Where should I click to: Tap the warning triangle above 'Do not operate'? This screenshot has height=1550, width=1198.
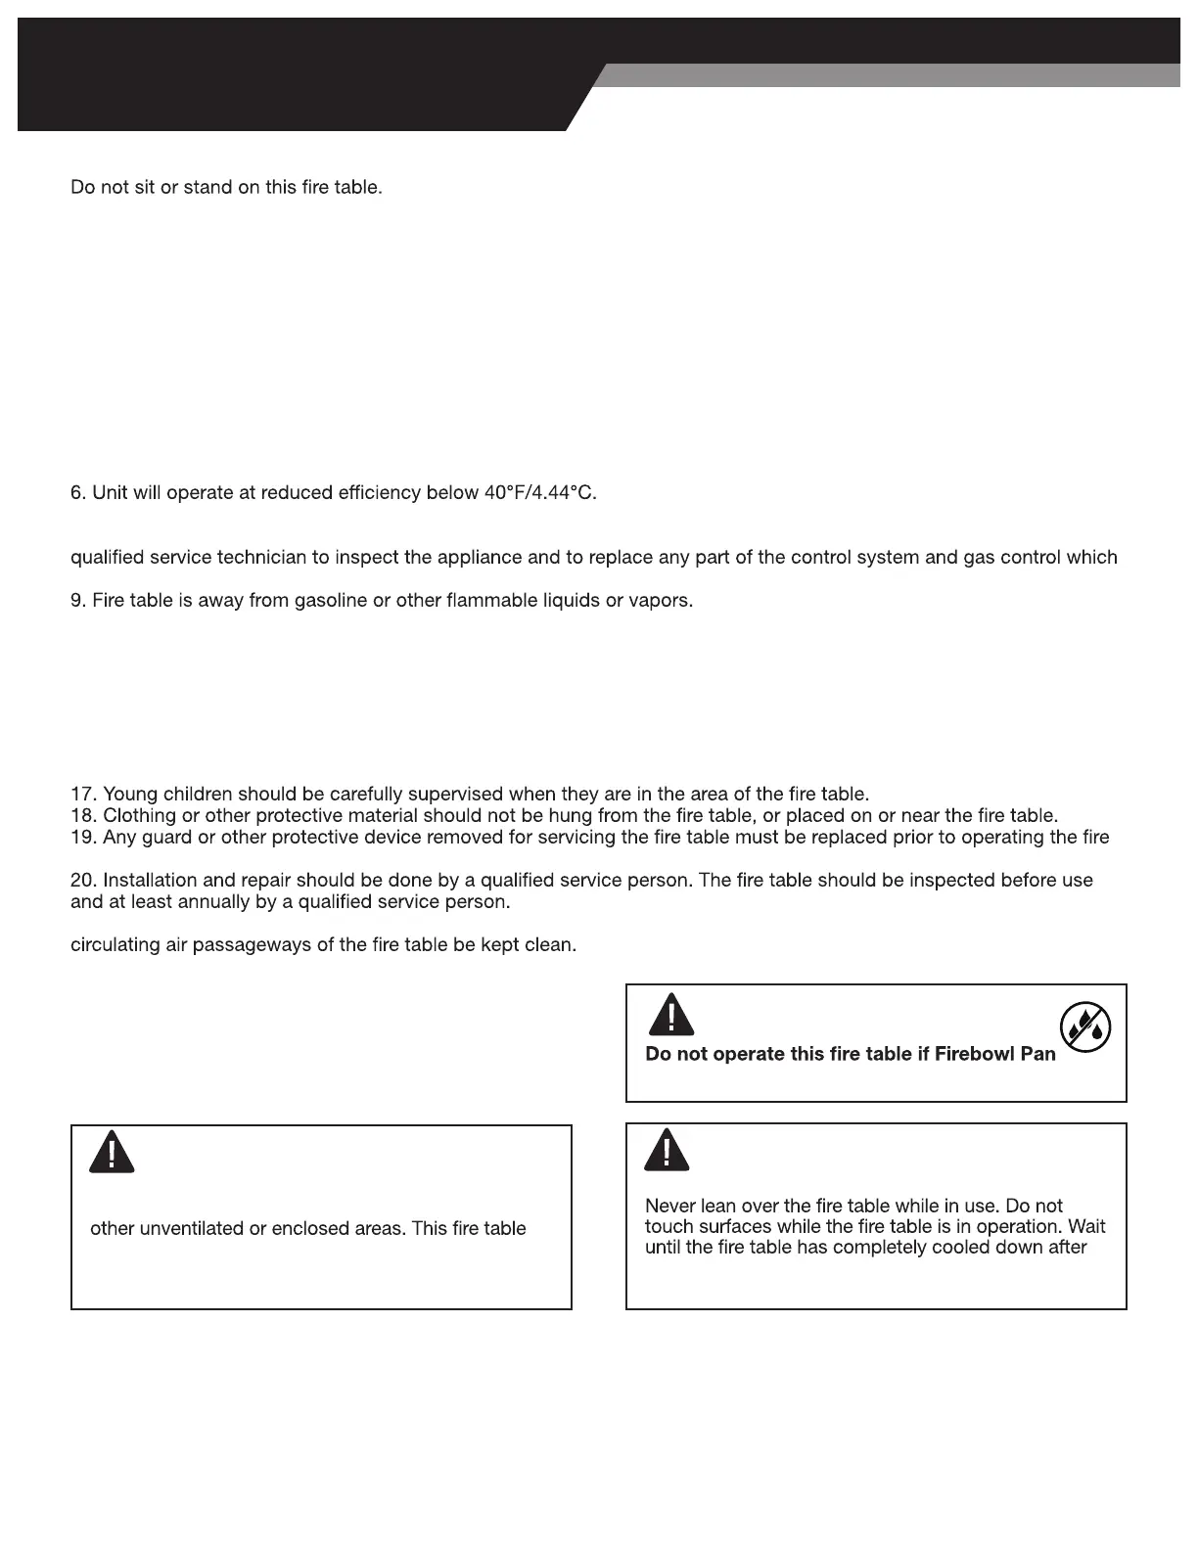670,1015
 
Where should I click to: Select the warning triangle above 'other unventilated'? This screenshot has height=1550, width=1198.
112,1152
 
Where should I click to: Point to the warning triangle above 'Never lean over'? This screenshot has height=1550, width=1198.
667,1150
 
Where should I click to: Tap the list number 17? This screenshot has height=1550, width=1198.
83,794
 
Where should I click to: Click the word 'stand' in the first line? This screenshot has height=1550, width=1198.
207,186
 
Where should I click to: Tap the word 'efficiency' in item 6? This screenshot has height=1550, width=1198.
379,493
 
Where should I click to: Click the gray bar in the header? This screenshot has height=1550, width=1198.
891,75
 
